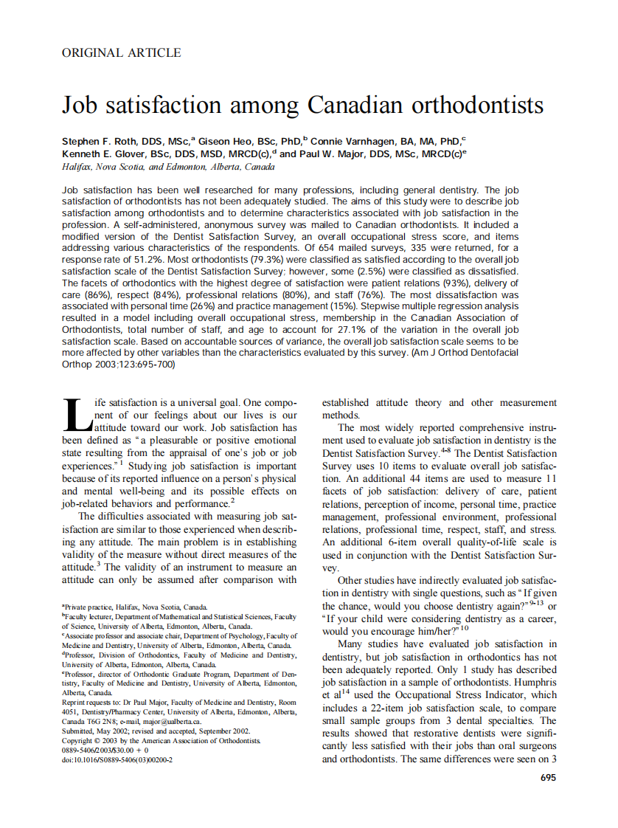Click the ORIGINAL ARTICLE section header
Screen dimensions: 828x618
coord(121,53)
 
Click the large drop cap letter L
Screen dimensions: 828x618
coord(75,415)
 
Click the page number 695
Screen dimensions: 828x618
coord(548,777)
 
